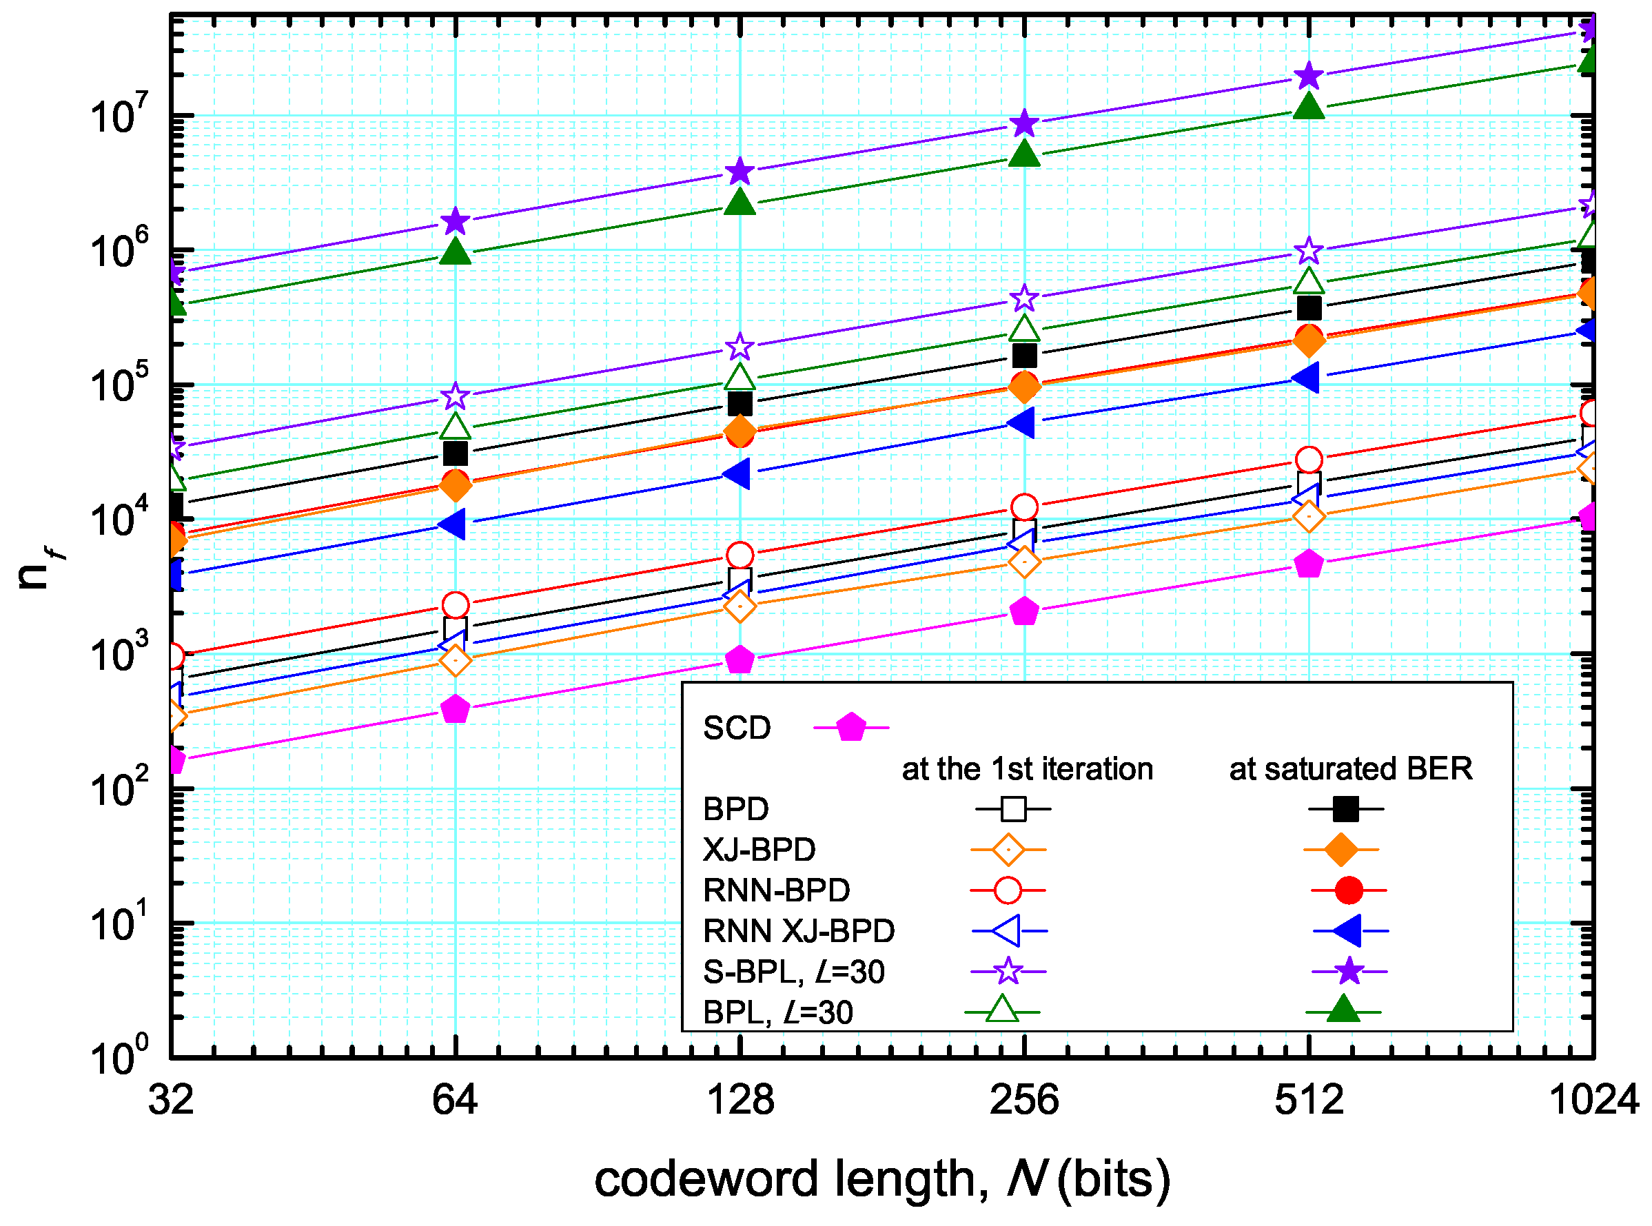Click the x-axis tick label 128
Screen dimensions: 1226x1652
(x=741, y=1099)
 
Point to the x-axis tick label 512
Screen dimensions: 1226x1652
(x=1309, y=1099)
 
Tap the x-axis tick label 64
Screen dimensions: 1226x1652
(x=455, y=1099)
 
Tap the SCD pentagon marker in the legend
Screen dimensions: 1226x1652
(x=850, y=727)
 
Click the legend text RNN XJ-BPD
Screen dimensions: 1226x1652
(x=799, y=930)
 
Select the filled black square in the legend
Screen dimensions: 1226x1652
(x=1345, y=809)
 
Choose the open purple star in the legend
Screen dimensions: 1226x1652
(x=1008, y=971)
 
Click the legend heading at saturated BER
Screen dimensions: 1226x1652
(x=1350, y=769)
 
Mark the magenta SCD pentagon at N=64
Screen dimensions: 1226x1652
(x=455, y=709)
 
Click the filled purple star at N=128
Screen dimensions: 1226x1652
(x=740, y=172)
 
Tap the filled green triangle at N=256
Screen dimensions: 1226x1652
(x=1024, y=154)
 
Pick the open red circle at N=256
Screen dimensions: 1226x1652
(x=1024, y=507)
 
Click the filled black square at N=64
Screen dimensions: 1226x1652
(x=455, y=453)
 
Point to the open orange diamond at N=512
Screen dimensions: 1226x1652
(x=1309, y=515)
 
